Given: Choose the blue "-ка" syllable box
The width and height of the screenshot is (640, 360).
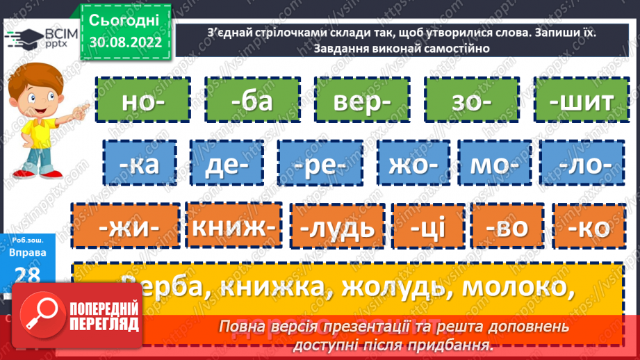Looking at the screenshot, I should [x=140, y=165].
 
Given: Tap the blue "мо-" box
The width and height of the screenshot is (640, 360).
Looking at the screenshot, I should [x=491, y=165].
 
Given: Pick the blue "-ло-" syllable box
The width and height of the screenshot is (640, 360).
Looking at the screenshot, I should [x=582, y=165].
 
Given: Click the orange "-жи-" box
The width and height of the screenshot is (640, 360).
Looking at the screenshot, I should [x=126, y=227].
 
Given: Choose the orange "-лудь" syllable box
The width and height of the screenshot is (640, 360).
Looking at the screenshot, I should [x=336, y=227].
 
